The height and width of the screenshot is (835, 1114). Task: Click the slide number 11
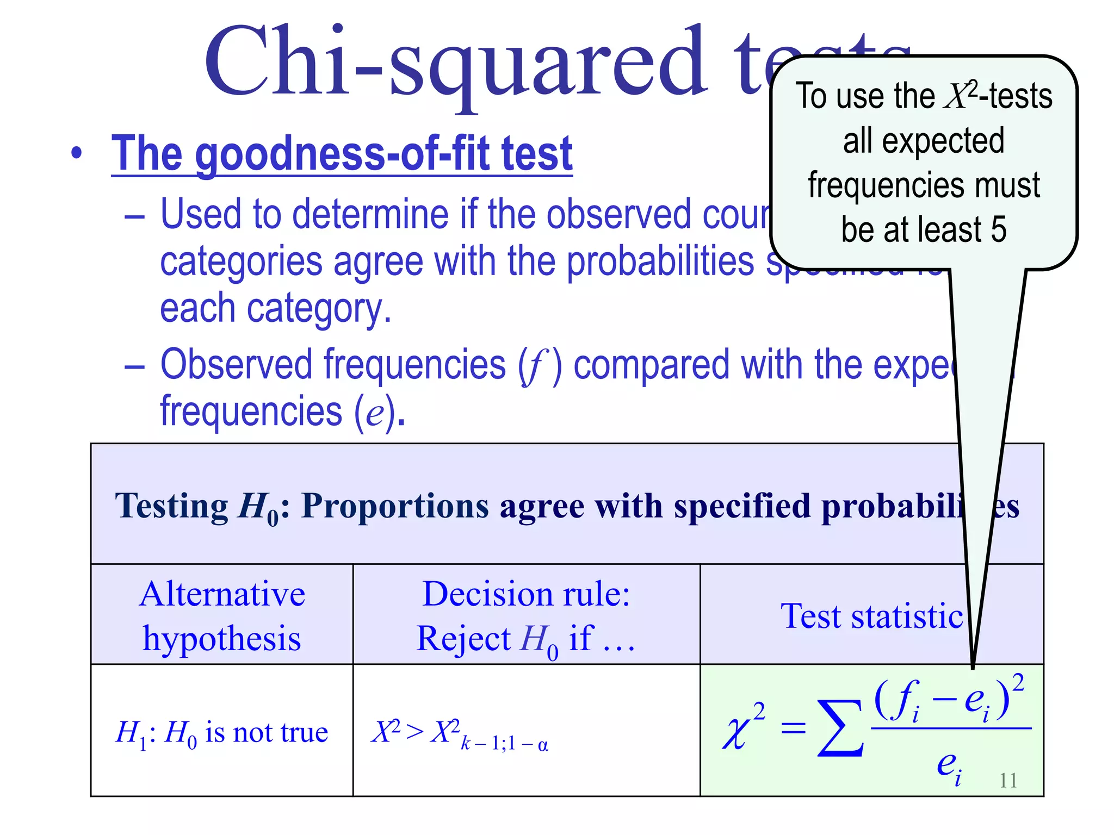pyautogui.click(x=1008, y=780)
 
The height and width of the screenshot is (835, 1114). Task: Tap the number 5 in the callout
pyautogui.click(x=999, y=229)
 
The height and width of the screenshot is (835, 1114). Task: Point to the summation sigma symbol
pyautogui.click(x=840, y=728)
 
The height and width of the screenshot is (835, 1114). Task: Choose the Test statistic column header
pyautogui.click(x=871, y=616)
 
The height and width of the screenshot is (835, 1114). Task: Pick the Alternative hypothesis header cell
pyautogui.click(x=222, y=615)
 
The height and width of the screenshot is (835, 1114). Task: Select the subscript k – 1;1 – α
pyautogui.click(x=504, y=744)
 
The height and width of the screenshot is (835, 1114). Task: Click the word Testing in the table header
pyautogui.click(x=171, y=506)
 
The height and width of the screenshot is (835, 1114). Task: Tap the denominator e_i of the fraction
pyautogui.click(x=948, y=765)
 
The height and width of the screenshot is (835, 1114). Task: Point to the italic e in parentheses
pyautogui.click(x=375, y=413)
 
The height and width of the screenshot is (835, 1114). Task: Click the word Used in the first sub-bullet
pyautogui.click(x=201, y=214)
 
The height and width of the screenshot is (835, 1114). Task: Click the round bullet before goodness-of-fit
pyautogui.click(x=77, y=154)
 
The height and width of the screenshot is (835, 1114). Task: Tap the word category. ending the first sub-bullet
pyautogui.click(x=319, y=308)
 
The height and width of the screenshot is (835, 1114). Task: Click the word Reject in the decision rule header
pyautogui.click(x=463, y=638)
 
